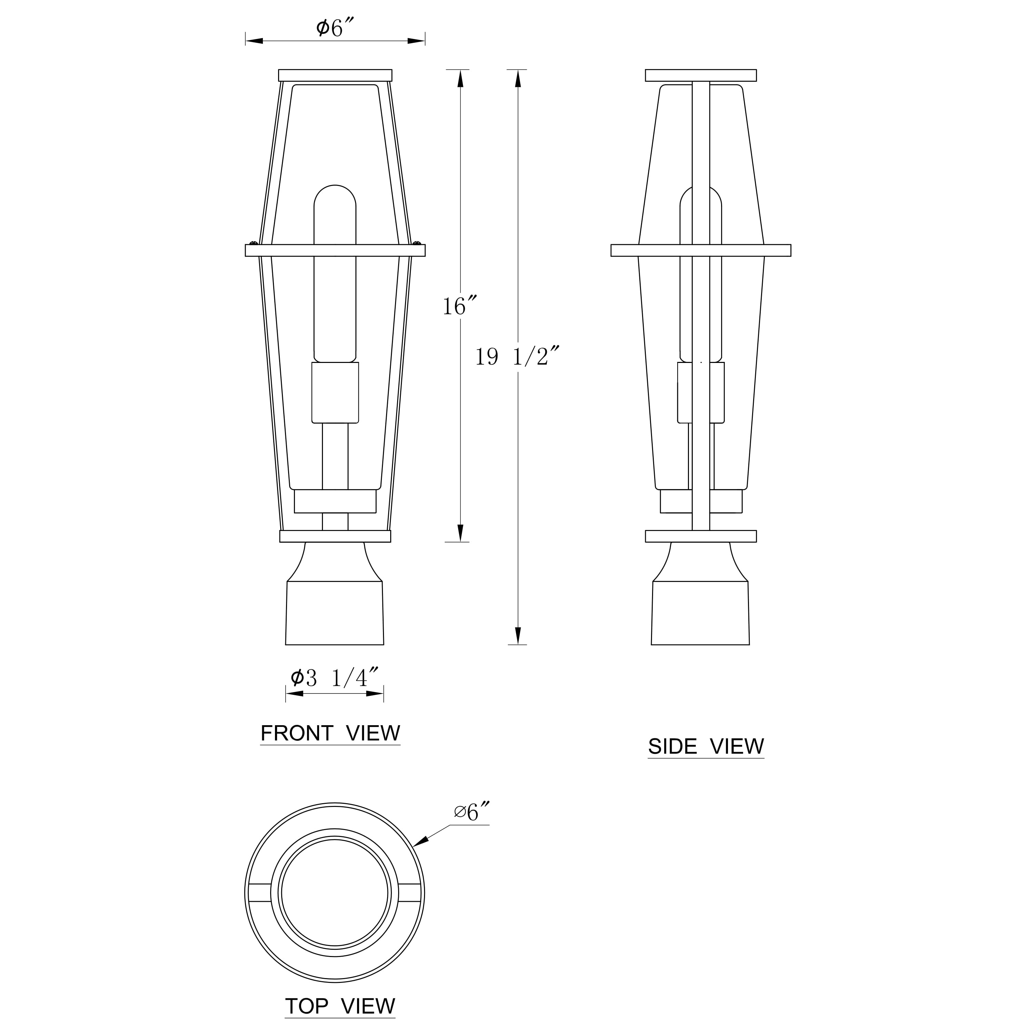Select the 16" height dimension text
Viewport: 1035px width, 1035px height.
coord(459,306)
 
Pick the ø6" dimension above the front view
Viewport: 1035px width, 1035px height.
coord(335,28)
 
